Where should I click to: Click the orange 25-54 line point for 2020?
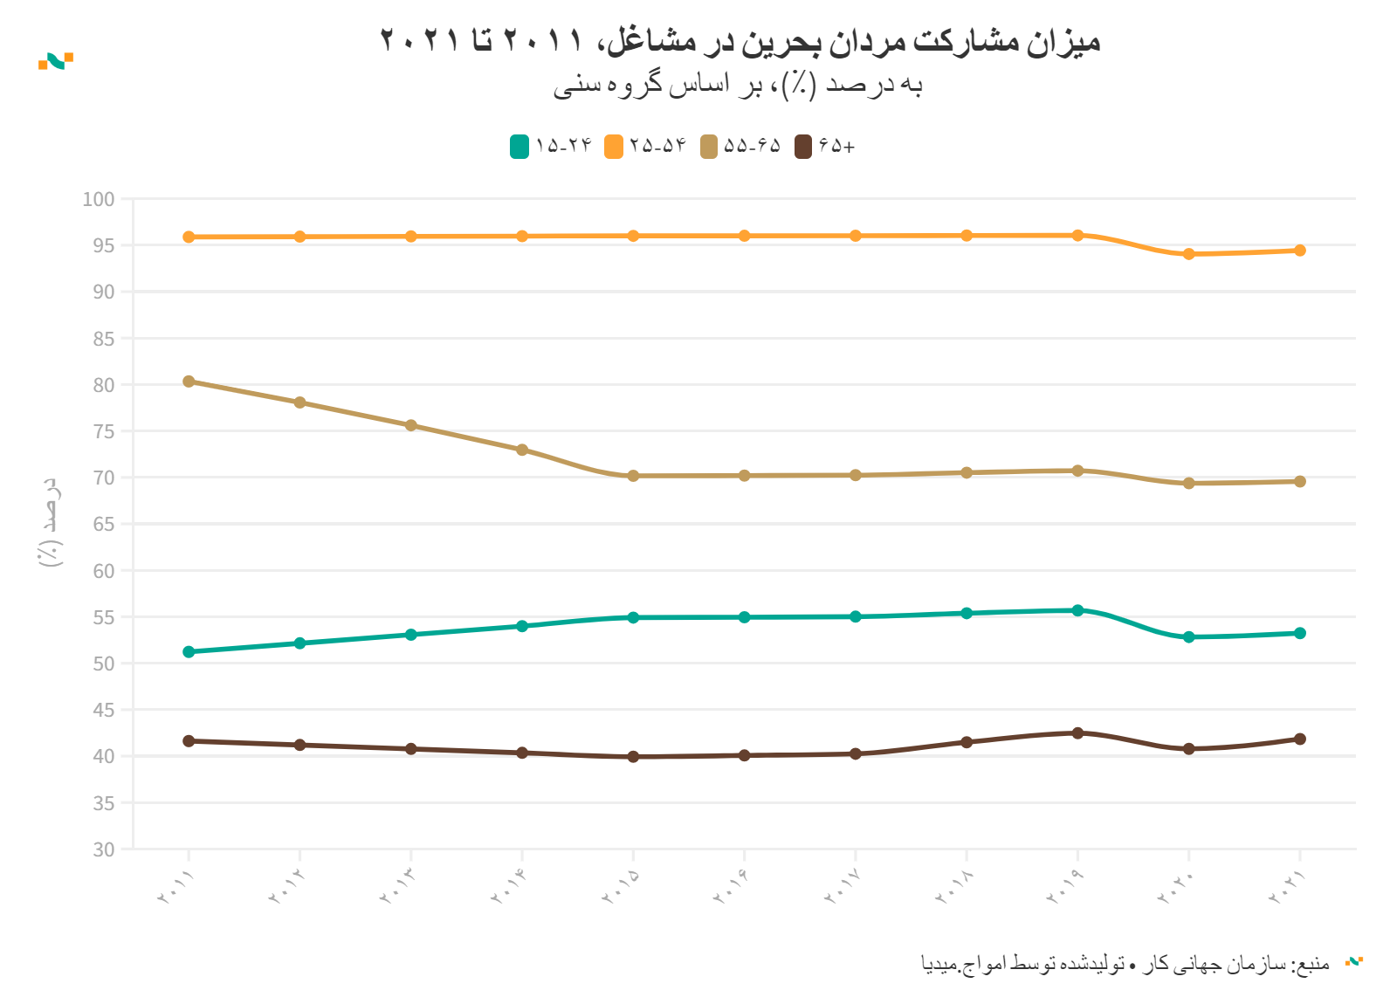click(x=1188, y=254)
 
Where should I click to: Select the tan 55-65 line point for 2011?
click(x=189, y=382)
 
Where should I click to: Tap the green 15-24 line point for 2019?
click(x=1077, y=610)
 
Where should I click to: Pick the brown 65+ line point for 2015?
click(x=633, y=757)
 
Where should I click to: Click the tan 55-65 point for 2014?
click(x=522, y=450)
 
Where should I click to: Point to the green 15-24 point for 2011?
click(x=189, y=651)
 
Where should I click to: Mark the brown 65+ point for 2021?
click(x=1299, y=739)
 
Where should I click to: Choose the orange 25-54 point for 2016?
click(x=744, y=236)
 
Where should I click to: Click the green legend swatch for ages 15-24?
click(x=520, y=147)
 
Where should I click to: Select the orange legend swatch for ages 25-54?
click(x=614, y=147)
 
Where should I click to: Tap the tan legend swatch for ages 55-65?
click(x=708, y=147)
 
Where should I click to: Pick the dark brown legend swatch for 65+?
click(x=802, y=147)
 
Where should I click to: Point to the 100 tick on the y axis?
click(x=99, y=199)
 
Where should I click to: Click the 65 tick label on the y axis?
click(x=104, y=524)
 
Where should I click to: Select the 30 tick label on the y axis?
click(x=104, y=849)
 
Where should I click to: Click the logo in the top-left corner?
click(x=56, y=61)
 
